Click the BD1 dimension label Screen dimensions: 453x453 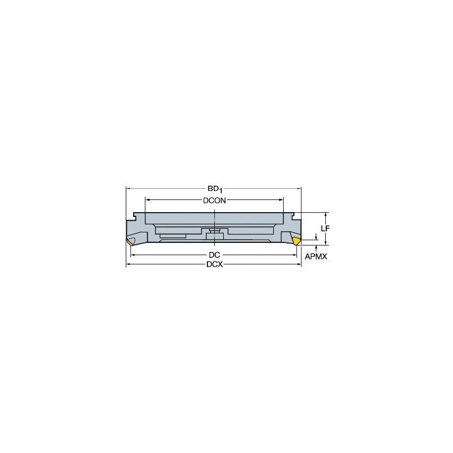(214, 188)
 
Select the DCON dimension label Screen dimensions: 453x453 (214, 201)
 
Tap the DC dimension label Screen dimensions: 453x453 (214, 255)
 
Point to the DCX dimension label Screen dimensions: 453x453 (214, 265)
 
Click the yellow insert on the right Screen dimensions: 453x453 (297, 241)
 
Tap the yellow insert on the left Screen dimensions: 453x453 (130, 242)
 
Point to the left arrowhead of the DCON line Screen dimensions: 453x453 (147, 201)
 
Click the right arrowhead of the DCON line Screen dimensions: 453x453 (282, 201)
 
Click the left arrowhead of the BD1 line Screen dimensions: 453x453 (128, 188)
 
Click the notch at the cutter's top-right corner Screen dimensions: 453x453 (292, 216)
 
